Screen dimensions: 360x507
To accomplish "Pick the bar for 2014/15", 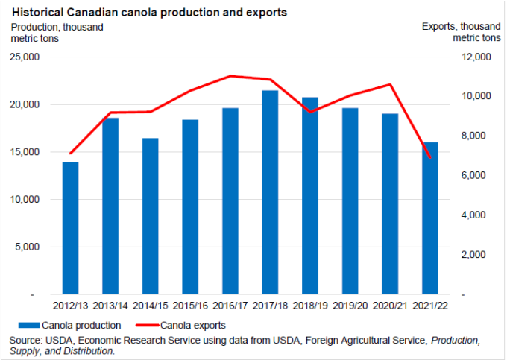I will pos(151,216).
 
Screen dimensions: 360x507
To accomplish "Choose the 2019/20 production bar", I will pos(350,201).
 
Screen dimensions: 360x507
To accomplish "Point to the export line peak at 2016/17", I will pos(230,76).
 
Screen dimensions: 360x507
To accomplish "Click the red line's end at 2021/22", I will pos(431,157).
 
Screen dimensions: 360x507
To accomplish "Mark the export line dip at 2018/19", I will pos(311,112).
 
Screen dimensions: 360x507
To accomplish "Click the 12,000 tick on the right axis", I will pos(472,57).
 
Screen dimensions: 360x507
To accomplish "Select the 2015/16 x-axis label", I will pos(190,306).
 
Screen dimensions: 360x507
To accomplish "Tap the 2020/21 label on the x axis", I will pos(391,306).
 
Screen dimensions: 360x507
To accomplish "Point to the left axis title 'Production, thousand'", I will pos(57,28).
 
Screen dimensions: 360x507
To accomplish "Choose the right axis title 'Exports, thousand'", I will pos(462,28).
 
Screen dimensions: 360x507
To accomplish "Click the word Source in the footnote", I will pos(27,340).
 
